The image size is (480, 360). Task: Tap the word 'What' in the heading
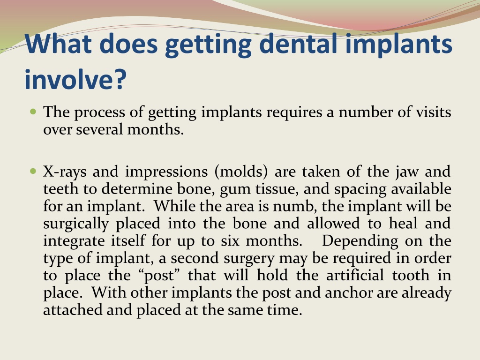pos(58,44)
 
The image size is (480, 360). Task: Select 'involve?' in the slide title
pos(75,79)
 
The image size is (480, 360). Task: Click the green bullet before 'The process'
pos(33,111)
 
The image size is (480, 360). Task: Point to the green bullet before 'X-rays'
pos(33,171)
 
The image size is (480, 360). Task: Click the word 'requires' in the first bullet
pos(294,112)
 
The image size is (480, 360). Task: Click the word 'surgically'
pos(76,224)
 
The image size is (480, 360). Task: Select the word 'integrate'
pos(74,241)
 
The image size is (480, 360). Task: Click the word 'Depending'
pos(360,241)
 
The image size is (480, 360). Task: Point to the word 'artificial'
pos(355,275)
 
